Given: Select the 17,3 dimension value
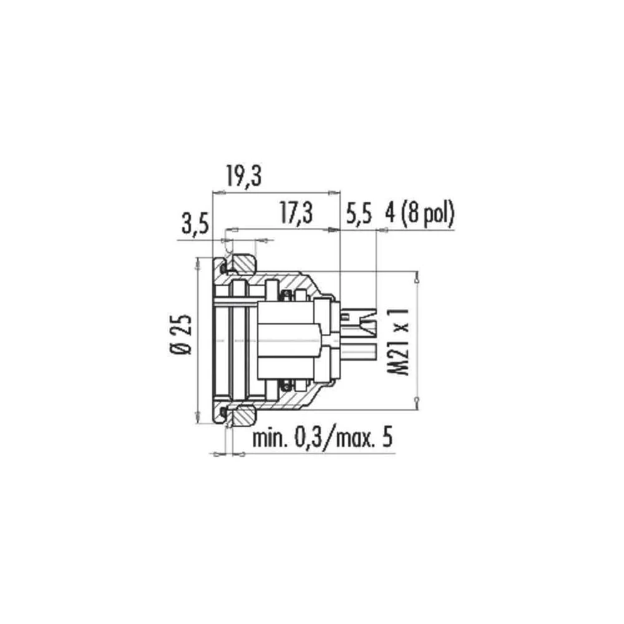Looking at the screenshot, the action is [x=296, y=213].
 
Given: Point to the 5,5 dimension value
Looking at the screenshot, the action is [x=359, y=213].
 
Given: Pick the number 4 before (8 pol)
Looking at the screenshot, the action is [x=390, y=213].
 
